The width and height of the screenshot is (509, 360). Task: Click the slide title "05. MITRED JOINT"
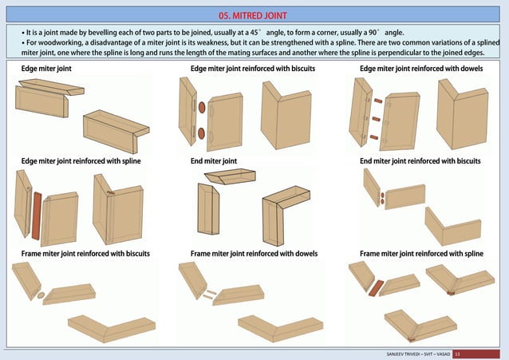pyautogui.click(x=254, y=15)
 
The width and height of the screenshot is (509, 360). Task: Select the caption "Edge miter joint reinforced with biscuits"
pyautogui.click(x=252, y=69)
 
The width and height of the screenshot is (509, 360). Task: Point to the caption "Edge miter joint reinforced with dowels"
pyautogui.click(x=420, y=69)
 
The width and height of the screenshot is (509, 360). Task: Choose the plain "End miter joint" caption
pyautogui.click(x=214, y=161)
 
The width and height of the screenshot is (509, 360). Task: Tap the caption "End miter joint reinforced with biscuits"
pyautogui.click(x=420, y=161)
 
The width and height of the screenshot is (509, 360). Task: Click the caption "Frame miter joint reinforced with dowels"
pyautogui.click(x=254, y=254)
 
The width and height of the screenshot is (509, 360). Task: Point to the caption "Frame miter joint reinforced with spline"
pyautogui.click(x=422, y=254)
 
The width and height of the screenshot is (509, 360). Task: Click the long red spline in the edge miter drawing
pyautogui.click(x=36, y=215)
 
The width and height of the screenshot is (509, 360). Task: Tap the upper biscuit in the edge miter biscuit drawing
pyautogui.click(x=202, y=107)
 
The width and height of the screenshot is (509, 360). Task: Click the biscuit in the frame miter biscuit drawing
pyautogui.click(x=41, y=295)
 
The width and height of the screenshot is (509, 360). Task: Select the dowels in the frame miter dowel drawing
pyautogui.click(x=208, y=295)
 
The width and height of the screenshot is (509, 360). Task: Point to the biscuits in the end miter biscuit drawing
pyautogui.click(x=383, y=199)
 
